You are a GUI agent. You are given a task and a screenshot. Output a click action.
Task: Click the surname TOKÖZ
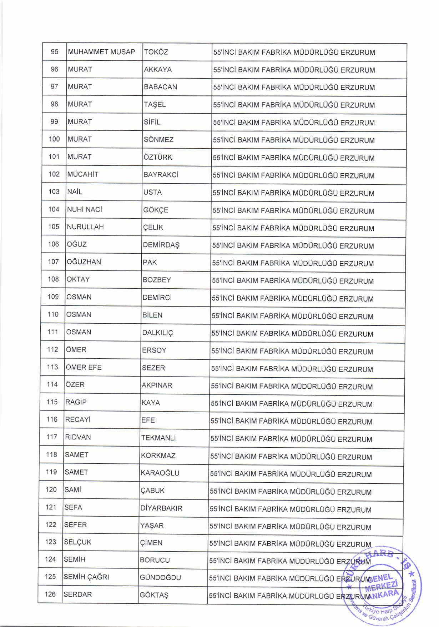pyautogui.click(x=156, y=52)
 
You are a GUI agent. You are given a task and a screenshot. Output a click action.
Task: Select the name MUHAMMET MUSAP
pyautogui.click(x=101, y=52)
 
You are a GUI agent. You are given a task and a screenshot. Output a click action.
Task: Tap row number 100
pyautogui.click(x=54, y=139)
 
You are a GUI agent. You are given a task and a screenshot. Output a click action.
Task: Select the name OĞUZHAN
pyautogui.click(x=84, y=262)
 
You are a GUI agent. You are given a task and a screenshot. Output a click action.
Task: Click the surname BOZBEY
pyautogui.click(x=157, y=280)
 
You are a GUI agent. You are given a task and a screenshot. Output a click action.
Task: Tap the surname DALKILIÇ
pyautogui.click(x=157, y=333)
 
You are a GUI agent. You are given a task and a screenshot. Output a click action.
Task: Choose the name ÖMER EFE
pyautogui.click(x=83, y=367)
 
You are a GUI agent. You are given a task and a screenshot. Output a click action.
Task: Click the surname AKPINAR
pyautogui.click(x=157, y=385)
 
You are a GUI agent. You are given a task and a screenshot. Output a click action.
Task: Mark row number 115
pyautogui.click(x=52, y=402)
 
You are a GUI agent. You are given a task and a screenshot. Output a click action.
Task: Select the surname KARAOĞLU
pyautogui.click(x=160, y=473)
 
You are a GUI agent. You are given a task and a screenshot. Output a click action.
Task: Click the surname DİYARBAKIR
pyautogui.click(x=162, y=508)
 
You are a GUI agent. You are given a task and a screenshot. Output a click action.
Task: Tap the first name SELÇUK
pyautogui.click(x=77, y=542)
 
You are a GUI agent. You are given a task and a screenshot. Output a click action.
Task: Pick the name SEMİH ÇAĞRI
pyautogui.click(x=86, y=577)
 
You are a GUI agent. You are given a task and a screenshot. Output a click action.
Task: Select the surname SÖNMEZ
pyautogui.click(x=158, y=140)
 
